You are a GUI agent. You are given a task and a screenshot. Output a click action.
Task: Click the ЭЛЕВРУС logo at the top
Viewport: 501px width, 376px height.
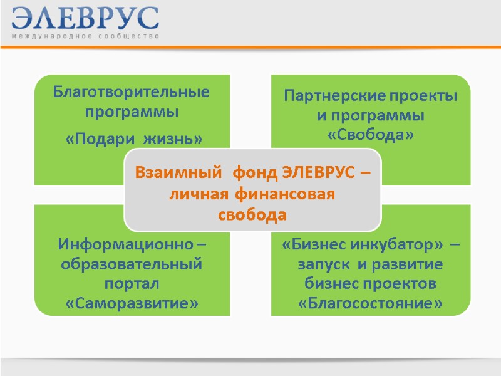coord(85,18)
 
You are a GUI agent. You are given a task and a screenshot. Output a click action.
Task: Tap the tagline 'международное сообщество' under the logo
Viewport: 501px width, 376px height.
coord(85,37)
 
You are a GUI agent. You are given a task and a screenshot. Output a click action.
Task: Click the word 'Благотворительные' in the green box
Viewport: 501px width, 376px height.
coord(132,93)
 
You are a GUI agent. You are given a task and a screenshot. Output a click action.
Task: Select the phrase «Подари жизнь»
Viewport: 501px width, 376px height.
coord(135,138)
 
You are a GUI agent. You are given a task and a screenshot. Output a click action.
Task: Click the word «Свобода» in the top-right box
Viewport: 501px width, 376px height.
coord(371,134)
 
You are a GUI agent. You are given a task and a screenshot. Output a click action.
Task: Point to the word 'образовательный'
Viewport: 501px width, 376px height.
coord(132,264)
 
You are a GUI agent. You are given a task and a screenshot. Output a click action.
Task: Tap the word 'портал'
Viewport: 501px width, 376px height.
coord(132,284)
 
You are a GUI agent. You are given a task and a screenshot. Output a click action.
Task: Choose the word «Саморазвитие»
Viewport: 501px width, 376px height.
coord(132,304)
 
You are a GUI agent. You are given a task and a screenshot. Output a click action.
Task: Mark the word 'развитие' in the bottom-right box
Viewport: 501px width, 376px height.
coord(408,264)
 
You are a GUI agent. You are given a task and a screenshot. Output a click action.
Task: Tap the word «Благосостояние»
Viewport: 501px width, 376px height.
coord(371,304)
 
